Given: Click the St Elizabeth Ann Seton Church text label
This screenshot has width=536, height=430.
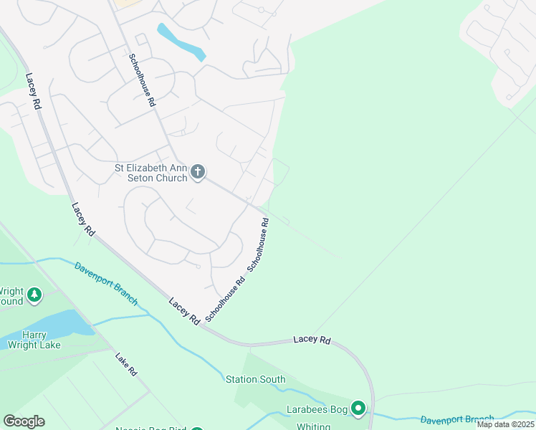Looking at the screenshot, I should (x=151, y=173).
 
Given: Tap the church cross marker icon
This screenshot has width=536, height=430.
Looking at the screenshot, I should (x=198, y=172).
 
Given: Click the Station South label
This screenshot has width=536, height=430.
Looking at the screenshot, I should (x=255, y=379).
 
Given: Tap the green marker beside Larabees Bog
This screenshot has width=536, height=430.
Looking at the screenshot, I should (x=358, y=408).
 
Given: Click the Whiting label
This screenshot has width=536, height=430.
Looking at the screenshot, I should (x=314, y=426).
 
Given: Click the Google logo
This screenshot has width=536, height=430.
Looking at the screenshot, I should (x=24, y=421).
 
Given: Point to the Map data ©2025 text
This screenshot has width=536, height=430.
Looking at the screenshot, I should (x=505, y=424).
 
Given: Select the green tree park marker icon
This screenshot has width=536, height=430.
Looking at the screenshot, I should (x=34, y=295).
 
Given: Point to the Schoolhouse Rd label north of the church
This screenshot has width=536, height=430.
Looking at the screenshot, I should (x=142, y=80).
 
